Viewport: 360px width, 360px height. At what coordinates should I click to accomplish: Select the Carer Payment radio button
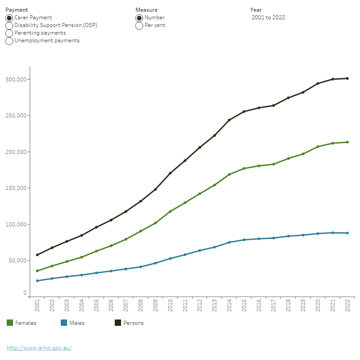coord(9,18)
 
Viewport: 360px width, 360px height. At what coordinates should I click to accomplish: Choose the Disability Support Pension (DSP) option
coord(9,25)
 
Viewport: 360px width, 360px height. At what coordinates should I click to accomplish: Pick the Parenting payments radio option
coord(9,33)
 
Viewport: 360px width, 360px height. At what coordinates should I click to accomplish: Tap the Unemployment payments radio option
coord(9,40)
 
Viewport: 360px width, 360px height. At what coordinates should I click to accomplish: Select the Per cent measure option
coord(139,25)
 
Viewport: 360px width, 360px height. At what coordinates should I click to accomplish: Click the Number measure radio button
coord(139,18)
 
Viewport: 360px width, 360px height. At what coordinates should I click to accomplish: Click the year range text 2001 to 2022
coord(268,18)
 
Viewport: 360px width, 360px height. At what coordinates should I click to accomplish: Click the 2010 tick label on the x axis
coord(170,306)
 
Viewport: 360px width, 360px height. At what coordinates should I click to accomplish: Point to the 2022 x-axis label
coord(347,306)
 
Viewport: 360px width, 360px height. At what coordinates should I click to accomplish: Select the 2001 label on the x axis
coord(37,306)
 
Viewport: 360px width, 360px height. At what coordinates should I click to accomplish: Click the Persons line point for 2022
coord(347,78)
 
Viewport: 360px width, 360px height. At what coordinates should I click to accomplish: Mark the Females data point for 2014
coord(229,175)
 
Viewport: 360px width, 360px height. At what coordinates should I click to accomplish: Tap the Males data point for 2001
coord(37,281)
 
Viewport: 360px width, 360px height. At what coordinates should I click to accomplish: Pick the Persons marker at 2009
coord(155,189)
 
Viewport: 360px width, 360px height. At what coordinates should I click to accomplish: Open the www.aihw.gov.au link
coord(39,348)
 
